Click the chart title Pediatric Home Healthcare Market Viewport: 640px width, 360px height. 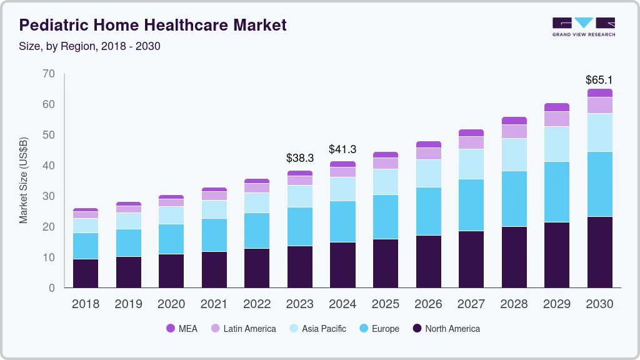[x=153, y=25]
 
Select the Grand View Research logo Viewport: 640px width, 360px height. [x=583, y=26]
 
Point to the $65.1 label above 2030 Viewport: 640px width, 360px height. [x=599, y=80]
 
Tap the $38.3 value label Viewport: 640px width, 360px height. [x=299, y=158]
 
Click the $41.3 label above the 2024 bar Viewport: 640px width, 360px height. [x=342, y=149]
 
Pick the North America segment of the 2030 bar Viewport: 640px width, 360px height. [x=599, y=252]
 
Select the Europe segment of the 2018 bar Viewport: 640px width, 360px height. [x=86, y=246]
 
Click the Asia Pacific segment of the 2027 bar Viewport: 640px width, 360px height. [x=471, y=164]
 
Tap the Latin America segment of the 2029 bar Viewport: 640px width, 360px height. [x=556, y=119]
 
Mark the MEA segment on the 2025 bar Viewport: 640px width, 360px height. [x=385, y=154]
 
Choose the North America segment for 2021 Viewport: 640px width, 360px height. [x=214, y=269]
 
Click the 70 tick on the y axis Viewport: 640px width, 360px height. [x=48, y=74]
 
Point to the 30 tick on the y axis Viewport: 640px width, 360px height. [x=48, y=196]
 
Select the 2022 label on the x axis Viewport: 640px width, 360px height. [x=257, y=304]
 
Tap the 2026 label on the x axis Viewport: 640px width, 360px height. [x=428, y=304]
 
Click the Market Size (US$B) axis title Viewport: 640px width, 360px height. [x=23, y=179]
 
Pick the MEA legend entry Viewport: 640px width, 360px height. [x=182, y=329]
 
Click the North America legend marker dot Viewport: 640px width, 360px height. [x=417, y=329]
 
